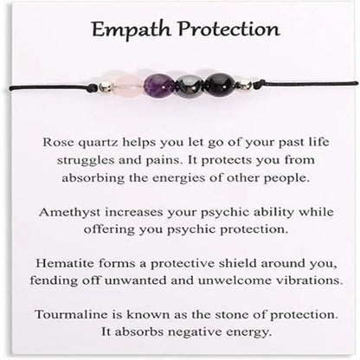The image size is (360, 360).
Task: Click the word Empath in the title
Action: tap(124, 31)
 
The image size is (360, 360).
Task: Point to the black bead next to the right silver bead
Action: tap(220, 84)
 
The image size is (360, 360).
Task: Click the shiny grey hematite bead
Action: tap(190, 85)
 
